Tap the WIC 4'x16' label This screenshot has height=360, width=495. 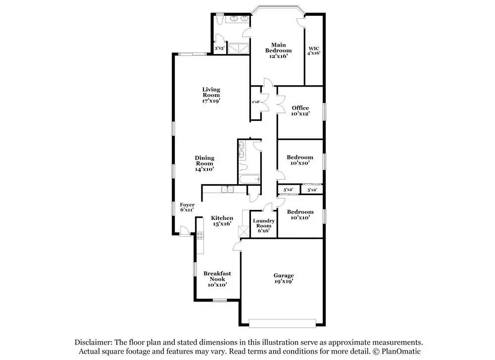(314, 51)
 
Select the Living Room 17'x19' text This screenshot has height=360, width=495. (211, 95)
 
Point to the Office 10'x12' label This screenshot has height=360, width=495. (300, 110)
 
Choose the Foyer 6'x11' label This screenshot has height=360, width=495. (187, 207)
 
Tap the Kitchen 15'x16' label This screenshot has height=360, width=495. (222, 221)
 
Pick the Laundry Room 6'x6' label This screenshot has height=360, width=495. (264, 225)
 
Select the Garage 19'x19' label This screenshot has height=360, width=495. (284, 278)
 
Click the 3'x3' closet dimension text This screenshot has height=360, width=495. (219, 49)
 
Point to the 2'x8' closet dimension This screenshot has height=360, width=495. (256, 102)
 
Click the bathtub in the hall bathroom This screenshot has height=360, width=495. (249, 179)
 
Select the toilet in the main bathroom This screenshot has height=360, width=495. (220, 19)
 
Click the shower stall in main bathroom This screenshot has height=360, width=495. (239, 49)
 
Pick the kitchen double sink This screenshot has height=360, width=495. (227, 190)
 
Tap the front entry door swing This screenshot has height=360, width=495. (184, 231)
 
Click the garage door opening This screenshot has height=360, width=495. (282, 323)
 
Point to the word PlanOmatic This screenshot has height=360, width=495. (401, 351)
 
